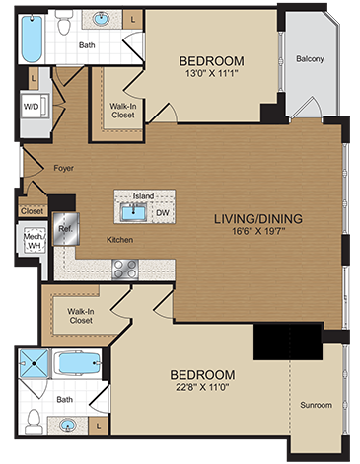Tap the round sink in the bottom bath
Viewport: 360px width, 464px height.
point(66,426)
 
